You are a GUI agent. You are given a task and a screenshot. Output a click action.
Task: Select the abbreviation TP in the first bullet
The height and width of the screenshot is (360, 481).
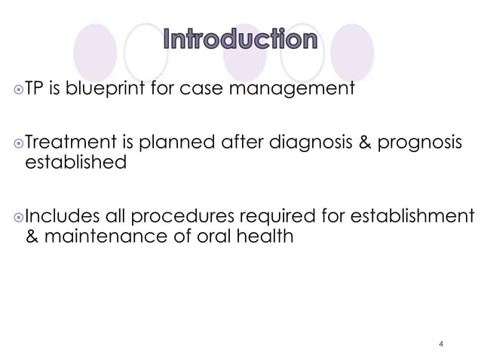[x=36, y=91]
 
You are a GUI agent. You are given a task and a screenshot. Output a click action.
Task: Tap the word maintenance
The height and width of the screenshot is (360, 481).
[x=101, y=238]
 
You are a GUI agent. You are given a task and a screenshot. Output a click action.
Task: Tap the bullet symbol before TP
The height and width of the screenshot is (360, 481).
[x=18, y=92]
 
